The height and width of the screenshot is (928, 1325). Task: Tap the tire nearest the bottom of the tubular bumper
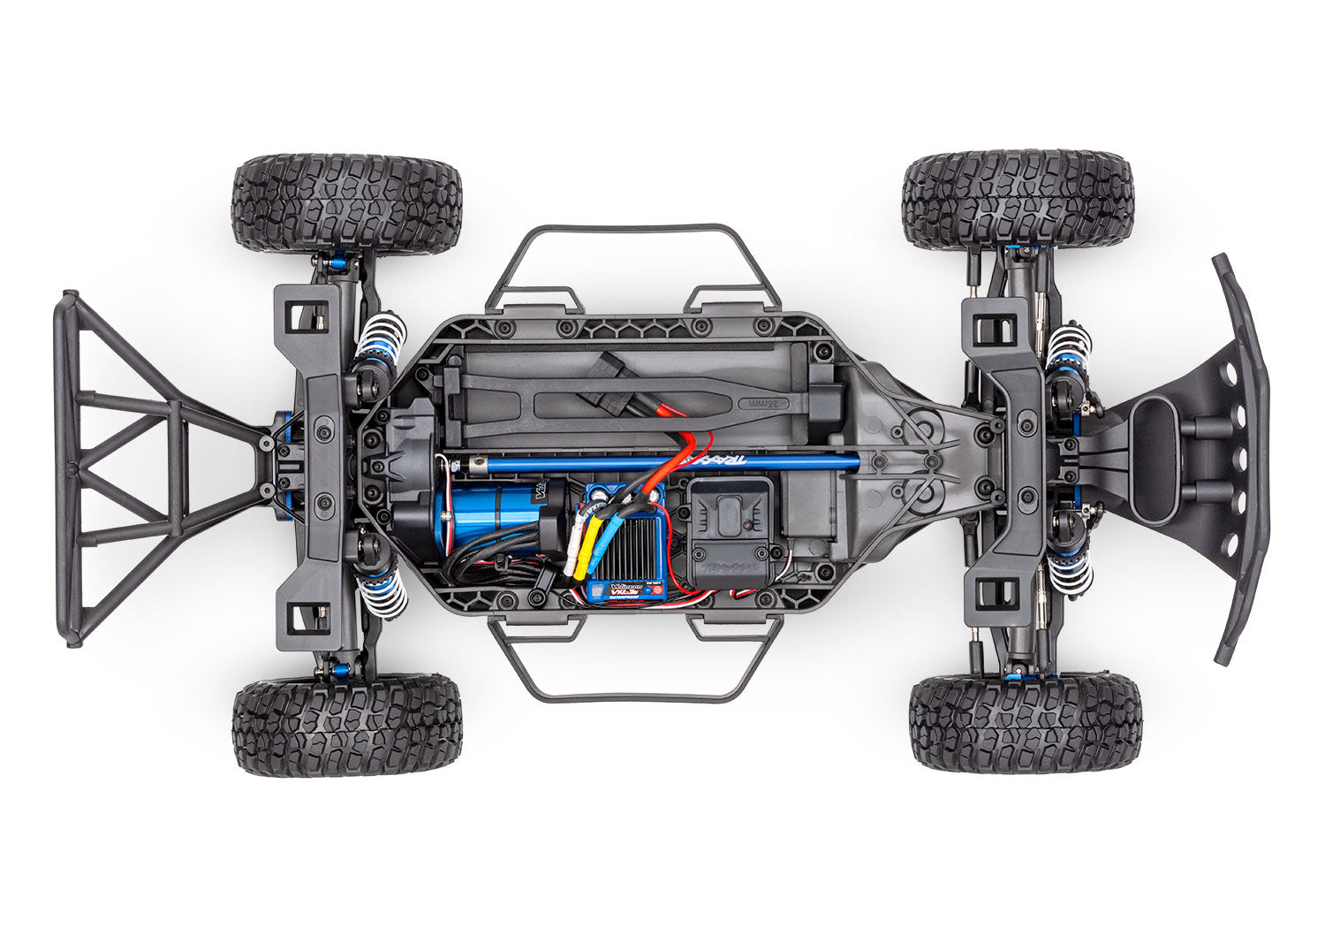click(346, 726)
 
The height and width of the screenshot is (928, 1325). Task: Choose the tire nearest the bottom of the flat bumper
click(1025, 722)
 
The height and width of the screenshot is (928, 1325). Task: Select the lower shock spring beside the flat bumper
click(1069, 571)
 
